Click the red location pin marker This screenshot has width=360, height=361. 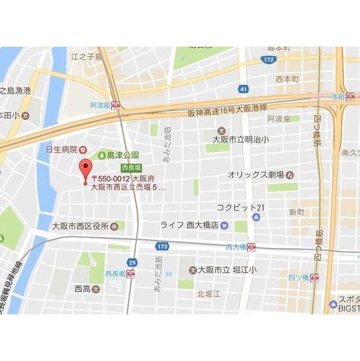[86, 170]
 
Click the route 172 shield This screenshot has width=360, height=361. [268, 59]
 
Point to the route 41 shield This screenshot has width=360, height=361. [243, 89]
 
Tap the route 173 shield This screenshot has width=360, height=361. [162, 246]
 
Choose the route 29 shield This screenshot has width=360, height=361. [132, 262]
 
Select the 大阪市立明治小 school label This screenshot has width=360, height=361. [240, 138]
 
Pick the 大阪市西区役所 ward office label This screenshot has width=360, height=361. [81, 226]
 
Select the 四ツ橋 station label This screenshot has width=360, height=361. [298, 278]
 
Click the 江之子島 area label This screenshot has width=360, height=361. [87, 56]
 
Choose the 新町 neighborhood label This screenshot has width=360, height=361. [296, 212]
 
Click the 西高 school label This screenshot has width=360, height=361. [83, 289]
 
